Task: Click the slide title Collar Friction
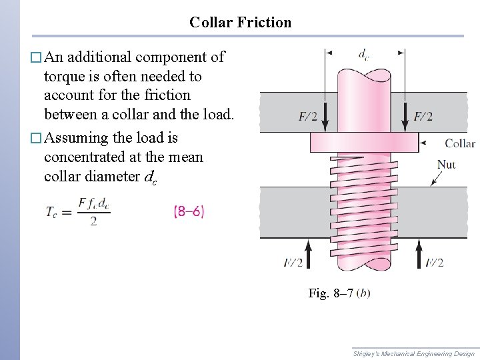[x=240, y=22]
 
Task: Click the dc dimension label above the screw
[x=363, y=55]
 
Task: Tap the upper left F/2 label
[x=308, y=117]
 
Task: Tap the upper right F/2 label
[x=423, y=117]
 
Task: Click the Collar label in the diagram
[x=459, y=143]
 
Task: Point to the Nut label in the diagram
[x=446, y=164]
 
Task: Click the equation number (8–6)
[x=189, y=211]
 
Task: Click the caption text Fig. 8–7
[x=331, y=293]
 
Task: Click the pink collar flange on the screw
[x=364, y=142]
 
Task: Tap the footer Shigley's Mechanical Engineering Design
[x=413, y=353]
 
